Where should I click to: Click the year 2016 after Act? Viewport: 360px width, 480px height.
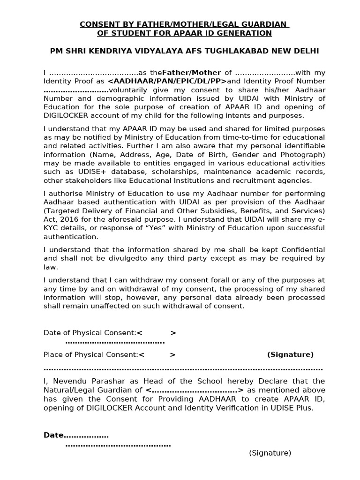point(69,219)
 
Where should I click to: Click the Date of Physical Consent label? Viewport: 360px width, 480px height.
point(90,333)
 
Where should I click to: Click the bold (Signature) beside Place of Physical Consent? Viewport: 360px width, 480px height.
point(290,354)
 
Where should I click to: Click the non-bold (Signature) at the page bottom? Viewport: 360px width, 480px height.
point(270,453)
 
